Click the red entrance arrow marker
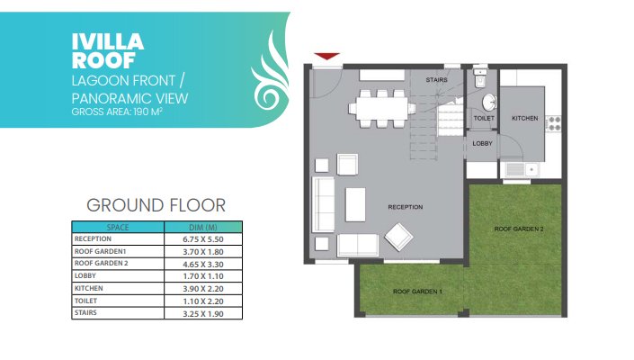(x=326, y=56)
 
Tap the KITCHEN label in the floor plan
(x=525, y=118)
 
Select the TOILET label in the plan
(x=484, y=118)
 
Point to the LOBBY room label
(x=482, y=143)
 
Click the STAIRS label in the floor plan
(x=437, y=80)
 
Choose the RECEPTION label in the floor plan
(x=406, y=207)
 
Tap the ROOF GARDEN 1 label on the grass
(x=417, y=292)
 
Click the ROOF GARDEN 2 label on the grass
(x=519, y=229)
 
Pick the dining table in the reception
(x=381, y=108)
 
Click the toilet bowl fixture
(x=480, y=78)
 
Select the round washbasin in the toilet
(x=489, y=103)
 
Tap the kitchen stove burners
(x=553, y=123)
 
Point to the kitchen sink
(x=522, y=169)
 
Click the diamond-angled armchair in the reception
(x=398, y=237)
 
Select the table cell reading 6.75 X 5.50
(x=203, y=239)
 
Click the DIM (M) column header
(x=203, y=228)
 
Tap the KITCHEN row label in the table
(x=88, y=288)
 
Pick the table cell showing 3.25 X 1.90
(x=203, y=314)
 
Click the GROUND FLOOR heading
(x=156, y=205)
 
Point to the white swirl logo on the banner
(x=270, y=73)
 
